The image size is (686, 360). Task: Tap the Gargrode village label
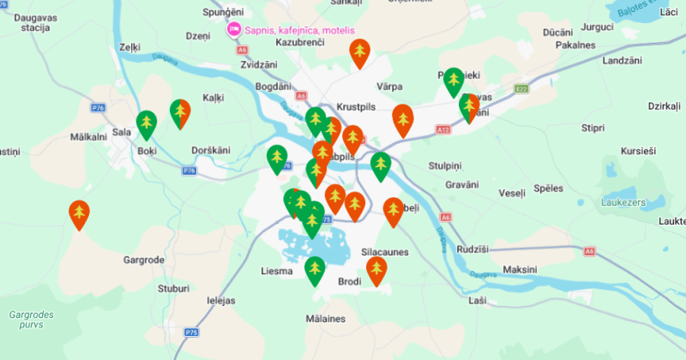click(143, 259)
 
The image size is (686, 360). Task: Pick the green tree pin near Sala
click(147, 123)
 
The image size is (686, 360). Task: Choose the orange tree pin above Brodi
click(376, 270)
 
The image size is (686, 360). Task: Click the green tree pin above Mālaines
click(316, 270)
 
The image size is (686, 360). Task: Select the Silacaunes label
click(385, 253)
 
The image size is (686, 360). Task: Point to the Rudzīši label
click(472, 249)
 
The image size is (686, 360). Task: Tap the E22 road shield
click(521, 88)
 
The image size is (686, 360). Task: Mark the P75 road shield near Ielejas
click(191, 332)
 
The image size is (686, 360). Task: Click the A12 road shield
click(442, 129)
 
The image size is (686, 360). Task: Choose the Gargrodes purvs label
click(31, 321)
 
